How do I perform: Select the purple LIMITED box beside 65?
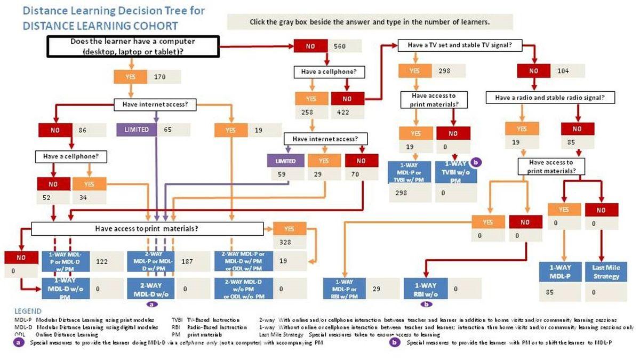coord(137,130)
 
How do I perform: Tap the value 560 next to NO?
coord(340,46)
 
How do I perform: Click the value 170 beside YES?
coord(160,77)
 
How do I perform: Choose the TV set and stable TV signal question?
coord(460,45)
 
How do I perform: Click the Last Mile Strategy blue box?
coord(606,271)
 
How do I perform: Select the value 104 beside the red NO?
coord(562,70)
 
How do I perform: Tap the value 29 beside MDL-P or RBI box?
coord(377,289)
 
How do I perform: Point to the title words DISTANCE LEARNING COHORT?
coord(101,26)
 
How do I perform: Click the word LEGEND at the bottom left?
coord(27,310)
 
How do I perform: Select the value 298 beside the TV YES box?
coord(445,70)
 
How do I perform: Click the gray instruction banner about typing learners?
coord(370,22)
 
